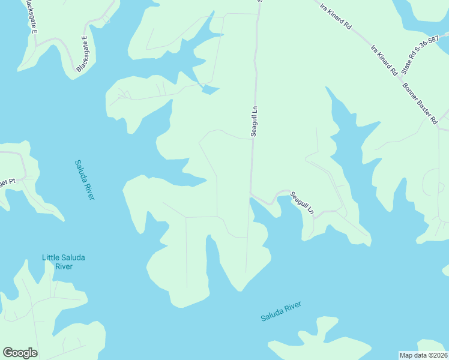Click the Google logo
[x=20, y=353]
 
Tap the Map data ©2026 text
[x=423, y=355]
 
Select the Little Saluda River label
[x=63, y=262]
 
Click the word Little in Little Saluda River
[x=50, y=257]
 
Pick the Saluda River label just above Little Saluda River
[x=85, y=179]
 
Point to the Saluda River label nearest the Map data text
[x=280, y=311]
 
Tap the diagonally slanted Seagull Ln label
[x=302, y=203]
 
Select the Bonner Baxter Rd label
[x=420, y=103]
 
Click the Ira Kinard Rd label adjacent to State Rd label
[x=385, y=60]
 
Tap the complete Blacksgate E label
[x=82, y=55]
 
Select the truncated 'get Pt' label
[x=7, y=181]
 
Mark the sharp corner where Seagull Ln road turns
[x=251, y=194]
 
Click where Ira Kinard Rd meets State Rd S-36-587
[x=401, y=78]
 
